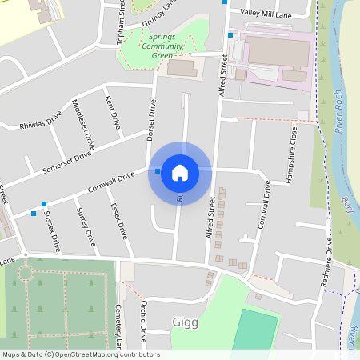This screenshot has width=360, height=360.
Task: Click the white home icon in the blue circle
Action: pos(180,172)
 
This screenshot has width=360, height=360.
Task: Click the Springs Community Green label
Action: pos(162,51)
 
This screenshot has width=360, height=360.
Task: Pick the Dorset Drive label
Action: pos(151,120)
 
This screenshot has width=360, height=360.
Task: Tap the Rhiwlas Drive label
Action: pos(41,119)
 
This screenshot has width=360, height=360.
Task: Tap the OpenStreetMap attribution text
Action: pos(80,354)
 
